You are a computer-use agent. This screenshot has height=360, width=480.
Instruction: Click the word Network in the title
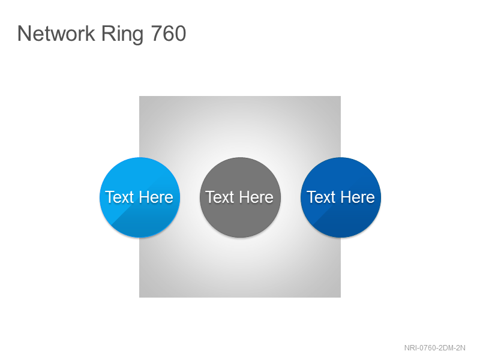[56, 34]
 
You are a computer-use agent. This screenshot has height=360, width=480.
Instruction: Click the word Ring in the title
[122, 35]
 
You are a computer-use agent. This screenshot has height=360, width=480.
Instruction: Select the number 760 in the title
[169, 34]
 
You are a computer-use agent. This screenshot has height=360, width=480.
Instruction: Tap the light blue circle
[140, 197]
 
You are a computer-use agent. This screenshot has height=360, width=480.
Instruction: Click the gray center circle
[240, 197]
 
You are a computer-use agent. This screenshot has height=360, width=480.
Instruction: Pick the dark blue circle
[341, 197]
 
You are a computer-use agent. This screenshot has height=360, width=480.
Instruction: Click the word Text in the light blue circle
[119, 197]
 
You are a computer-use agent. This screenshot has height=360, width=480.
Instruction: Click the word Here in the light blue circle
[156, 197]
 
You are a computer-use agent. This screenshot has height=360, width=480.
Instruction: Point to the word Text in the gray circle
[220, 197]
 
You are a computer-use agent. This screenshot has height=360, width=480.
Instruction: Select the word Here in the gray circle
[256, 197]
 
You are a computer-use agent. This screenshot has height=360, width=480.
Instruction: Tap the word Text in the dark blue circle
[321, 197]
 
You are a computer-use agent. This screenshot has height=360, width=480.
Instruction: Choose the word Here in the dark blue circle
[358, 197]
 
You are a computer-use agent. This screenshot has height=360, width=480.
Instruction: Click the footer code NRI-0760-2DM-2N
[434, 348]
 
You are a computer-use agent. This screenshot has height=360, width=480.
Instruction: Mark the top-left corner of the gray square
[139, 96]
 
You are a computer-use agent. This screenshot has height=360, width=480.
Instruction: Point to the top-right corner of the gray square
[341, 96]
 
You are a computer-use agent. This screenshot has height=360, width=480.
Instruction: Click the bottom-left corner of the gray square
[139, 297]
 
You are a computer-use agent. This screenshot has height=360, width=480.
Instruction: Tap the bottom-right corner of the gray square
[341, 297]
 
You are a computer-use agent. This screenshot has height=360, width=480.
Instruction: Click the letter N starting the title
[24, 34]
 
